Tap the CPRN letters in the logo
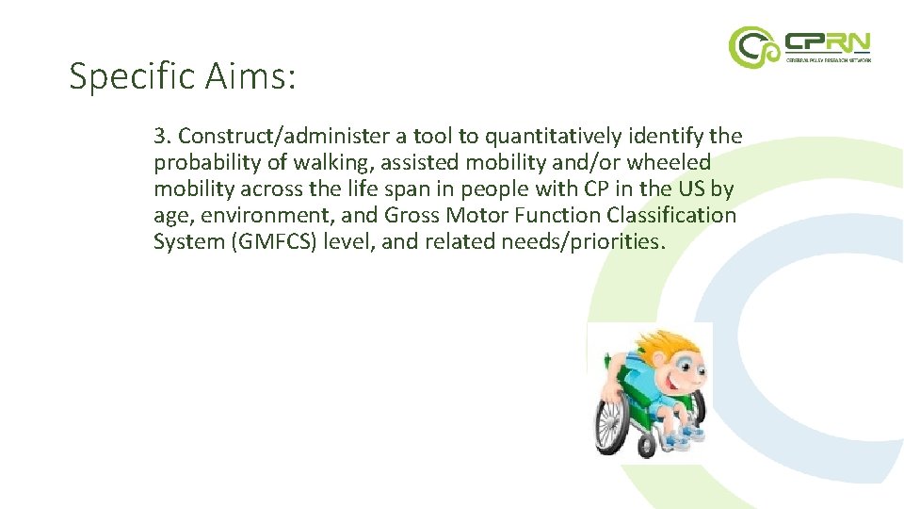point(828,41)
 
